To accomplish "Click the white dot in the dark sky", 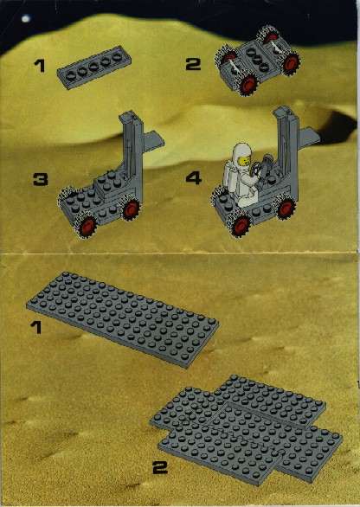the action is click(x=25, y=19).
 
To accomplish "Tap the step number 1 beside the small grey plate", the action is click(x=40, y=66).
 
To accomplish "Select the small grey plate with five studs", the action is click(x=94, y=67).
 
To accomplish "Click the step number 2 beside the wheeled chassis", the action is click(x=193, y=64).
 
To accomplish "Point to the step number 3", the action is click(x=41, y=179).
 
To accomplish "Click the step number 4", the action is click(x=194, y=178).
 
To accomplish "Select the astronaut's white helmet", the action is click(x=242, y=154).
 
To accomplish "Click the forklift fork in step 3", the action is click(x=153, y=139).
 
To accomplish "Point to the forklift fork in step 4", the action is click(x=310, y=136).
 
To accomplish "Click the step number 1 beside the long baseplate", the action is click(x=36, y=327).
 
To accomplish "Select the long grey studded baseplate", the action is click(x=122, y=319).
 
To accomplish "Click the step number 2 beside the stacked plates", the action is click(x=160, y=467).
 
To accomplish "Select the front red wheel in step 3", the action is click(x=87, y=224).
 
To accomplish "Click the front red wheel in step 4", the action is click(x=240, y=224).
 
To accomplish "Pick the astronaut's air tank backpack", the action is click(x=230, y=178).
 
